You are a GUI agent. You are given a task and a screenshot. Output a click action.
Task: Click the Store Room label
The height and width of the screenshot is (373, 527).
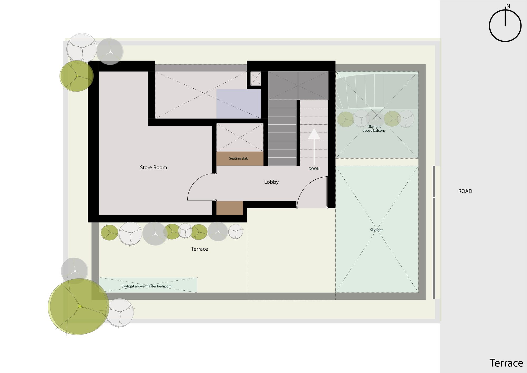(153, 168)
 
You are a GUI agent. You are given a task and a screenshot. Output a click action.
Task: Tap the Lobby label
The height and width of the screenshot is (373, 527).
(271, 182)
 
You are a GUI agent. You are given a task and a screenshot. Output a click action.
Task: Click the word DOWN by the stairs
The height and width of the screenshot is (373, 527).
(314, 169)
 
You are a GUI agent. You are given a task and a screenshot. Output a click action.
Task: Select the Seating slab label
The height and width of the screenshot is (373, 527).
(238, 159)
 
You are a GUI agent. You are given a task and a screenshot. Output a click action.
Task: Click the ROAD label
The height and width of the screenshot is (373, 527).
(465, 191)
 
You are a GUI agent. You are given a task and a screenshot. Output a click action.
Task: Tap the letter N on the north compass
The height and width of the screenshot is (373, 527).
(508, 6)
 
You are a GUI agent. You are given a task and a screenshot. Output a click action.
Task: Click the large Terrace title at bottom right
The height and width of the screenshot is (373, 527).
(506, 363)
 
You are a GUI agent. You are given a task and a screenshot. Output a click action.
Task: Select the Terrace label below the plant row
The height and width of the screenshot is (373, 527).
(199, 249)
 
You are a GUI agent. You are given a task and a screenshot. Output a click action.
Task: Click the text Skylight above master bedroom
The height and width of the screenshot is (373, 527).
(146, 286)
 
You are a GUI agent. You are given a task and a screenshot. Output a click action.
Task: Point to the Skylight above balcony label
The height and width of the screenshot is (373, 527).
(374, 128)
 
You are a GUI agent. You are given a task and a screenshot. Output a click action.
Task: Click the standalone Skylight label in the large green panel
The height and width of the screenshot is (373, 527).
(376, 230)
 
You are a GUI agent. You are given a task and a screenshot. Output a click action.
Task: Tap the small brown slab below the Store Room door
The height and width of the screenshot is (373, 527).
(230, 208)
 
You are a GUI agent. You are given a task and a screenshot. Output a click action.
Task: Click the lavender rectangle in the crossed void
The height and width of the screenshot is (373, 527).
(238, 104)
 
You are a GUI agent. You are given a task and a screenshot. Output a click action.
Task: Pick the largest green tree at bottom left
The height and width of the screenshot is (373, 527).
(79, 307)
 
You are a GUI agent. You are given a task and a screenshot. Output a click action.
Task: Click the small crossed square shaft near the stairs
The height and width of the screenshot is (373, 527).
(255, 78)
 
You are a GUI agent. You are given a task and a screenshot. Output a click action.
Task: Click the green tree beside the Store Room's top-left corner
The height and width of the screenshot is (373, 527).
(76, 76)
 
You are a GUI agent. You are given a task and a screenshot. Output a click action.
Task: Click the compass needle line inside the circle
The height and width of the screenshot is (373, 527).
(505, 17)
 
